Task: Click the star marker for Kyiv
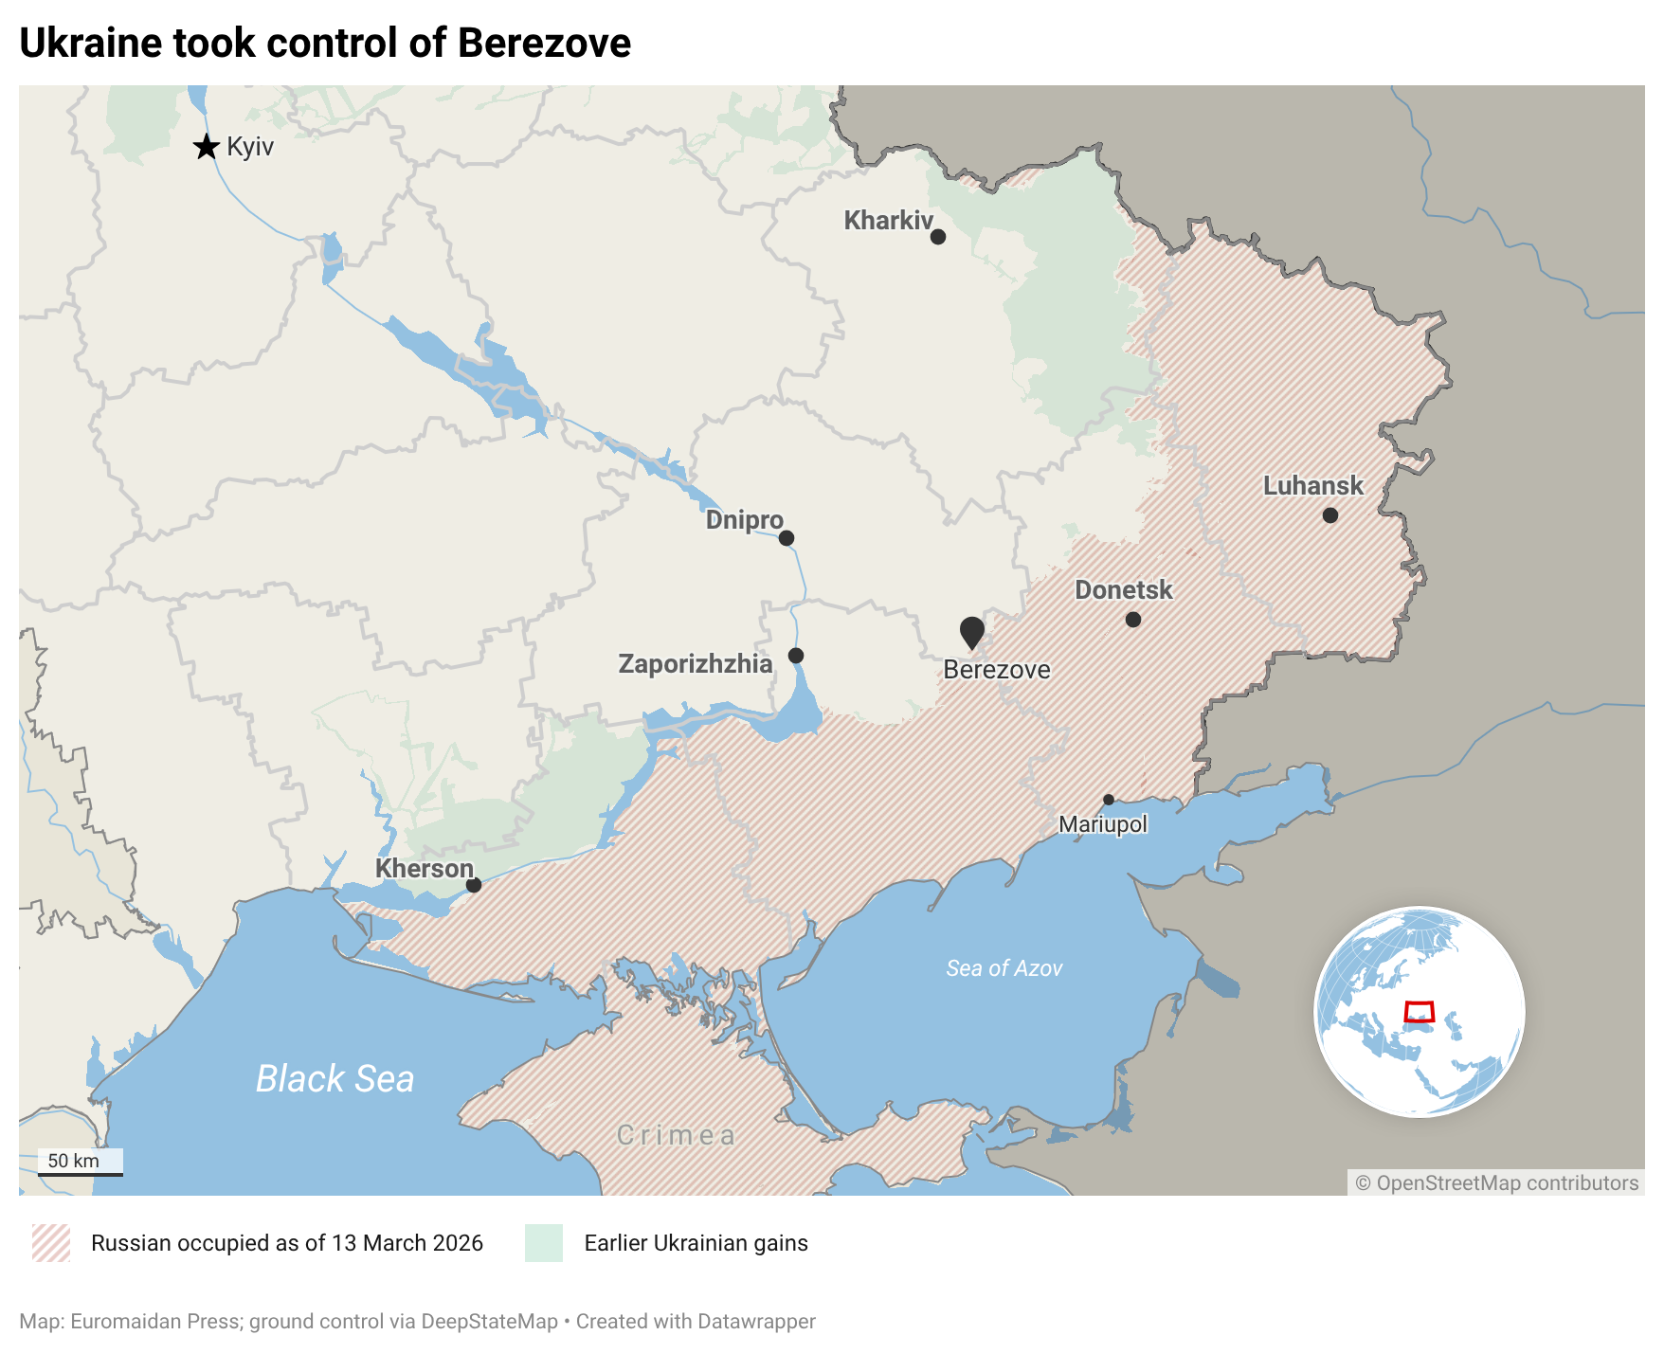(206, 147)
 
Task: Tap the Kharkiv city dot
(938, 237)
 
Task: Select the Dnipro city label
(744, 520)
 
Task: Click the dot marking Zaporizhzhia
(796, 656)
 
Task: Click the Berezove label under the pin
(997, 670)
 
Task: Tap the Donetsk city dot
(1133, 620)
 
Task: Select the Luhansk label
(1312, 486)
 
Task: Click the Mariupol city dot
(1109, 800)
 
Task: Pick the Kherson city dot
(474, 885)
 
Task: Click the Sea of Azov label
(1004, 968)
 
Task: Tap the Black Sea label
(335, 1079)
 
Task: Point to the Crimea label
(676, 1135)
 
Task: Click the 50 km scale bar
(81, 1173)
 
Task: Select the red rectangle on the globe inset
(1419, 1012)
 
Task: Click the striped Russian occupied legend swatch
(51, 1243)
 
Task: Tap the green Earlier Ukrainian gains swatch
(544, 1243)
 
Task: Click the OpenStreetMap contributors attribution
(1496, 1182)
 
